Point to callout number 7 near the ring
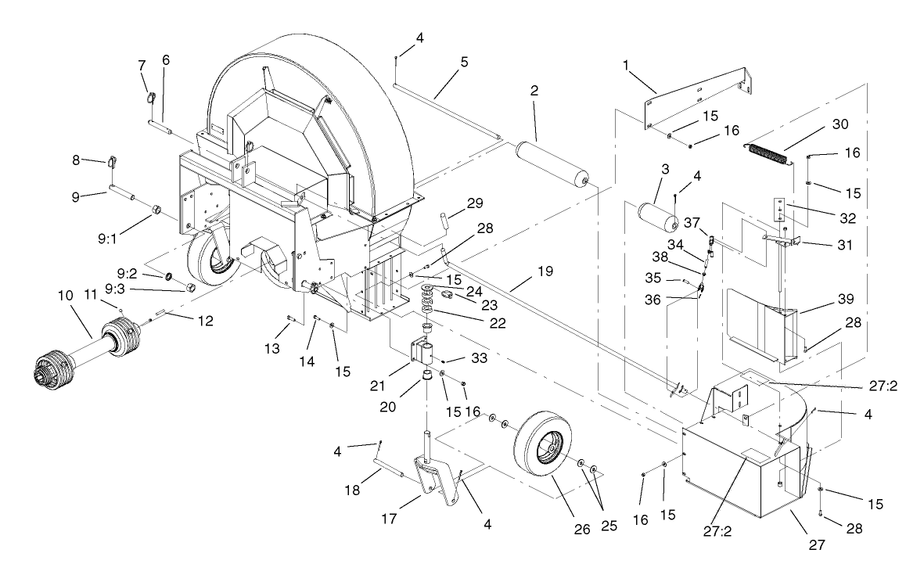pos(142,63)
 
